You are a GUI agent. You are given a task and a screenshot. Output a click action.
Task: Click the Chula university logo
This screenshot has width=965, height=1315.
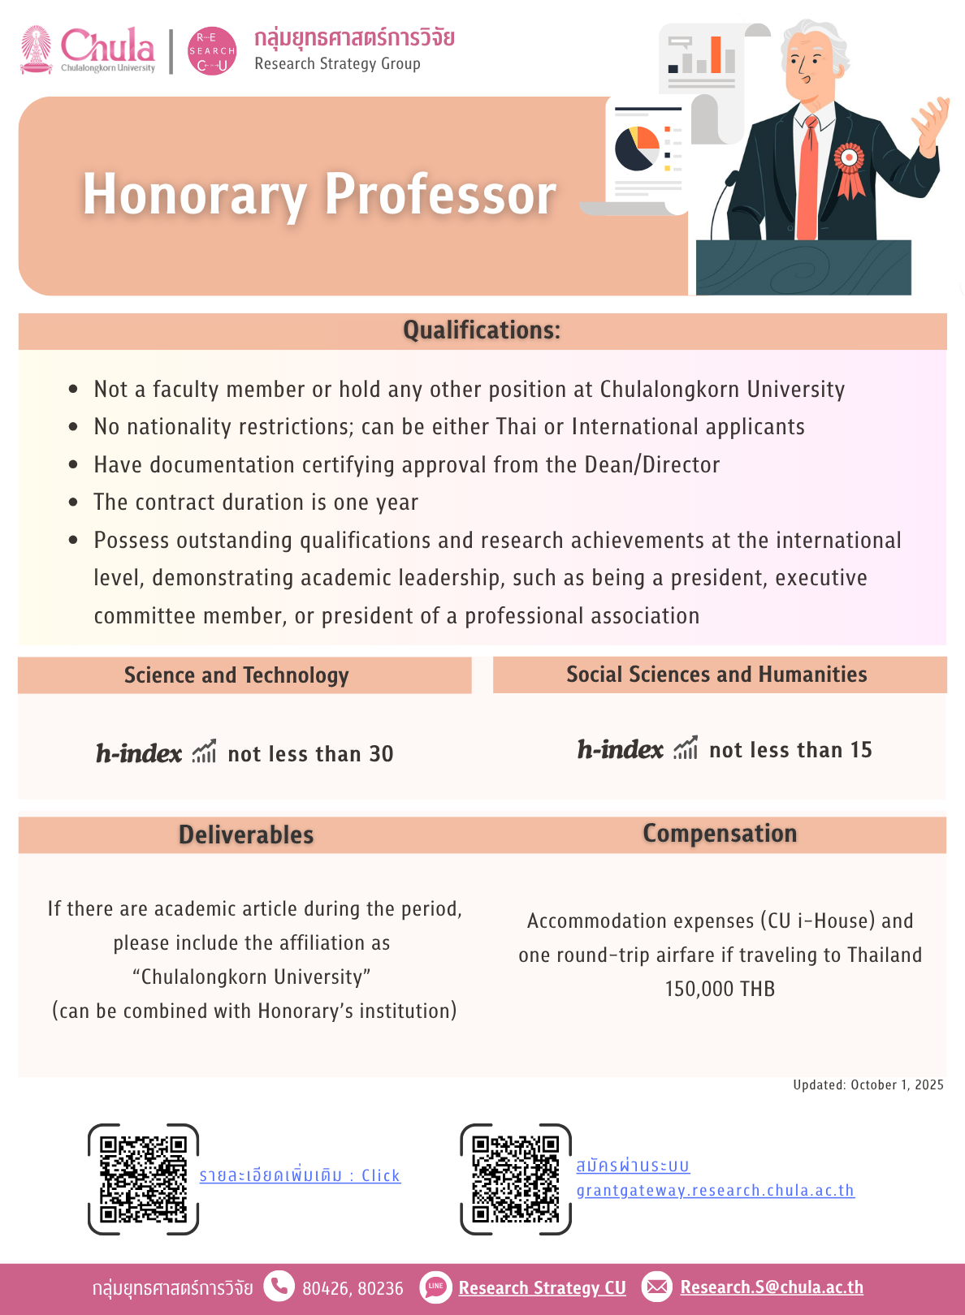(88, 50)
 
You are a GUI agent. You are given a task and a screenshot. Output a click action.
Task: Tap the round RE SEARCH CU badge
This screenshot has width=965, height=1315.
(212, 51)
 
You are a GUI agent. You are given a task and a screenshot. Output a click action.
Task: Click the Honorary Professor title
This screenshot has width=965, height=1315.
(319, 195)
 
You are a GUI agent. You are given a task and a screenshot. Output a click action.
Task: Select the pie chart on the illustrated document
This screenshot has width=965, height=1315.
(637, 149)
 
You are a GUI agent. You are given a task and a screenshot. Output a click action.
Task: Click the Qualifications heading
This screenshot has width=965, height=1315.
(482, 330)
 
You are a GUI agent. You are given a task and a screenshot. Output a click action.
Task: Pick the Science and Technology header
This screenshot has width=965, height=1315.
(236, 675)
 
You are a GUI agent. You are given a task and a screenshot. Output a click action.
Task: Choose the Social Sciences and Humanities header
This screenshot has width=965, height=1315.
(716, 675)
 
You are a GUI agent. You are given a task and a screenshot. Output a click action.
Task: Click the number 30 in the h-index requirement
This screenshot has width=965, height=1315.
(381, 754)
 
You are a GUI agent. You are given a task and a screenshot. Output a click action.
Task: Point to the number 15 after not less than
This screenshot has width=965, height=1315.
(861, 750)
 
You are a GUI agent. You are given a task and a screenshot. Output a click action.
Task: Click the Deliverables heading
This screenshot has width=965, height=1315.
(246, 834)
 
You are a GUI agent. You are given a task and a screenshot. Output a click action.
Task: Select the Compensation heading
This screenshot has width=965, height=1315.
(720, 834)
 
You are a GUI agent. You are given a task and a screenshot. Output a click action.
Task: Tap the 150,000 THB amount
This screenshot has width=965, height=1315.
(720, 989)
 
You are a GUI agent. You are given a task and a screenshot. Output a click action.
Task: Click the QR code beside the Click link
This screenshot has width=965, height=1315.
(143, 1179)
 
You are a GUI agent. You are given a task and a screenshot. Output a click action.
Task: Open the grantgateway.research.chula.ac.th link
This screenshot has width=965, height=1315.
(715, 1190)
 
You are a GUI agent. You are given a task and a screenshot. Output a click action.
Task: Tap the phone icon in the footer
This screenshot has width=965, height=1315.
(279, 1287)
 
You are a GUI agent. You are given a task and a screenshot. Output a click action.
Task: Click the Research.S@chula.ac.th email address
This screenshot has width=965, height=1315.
(771, 1287)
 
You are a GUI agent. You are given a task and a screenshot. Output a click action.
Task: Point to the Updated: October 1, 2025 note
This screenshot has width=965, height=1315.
(868, 1084)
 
